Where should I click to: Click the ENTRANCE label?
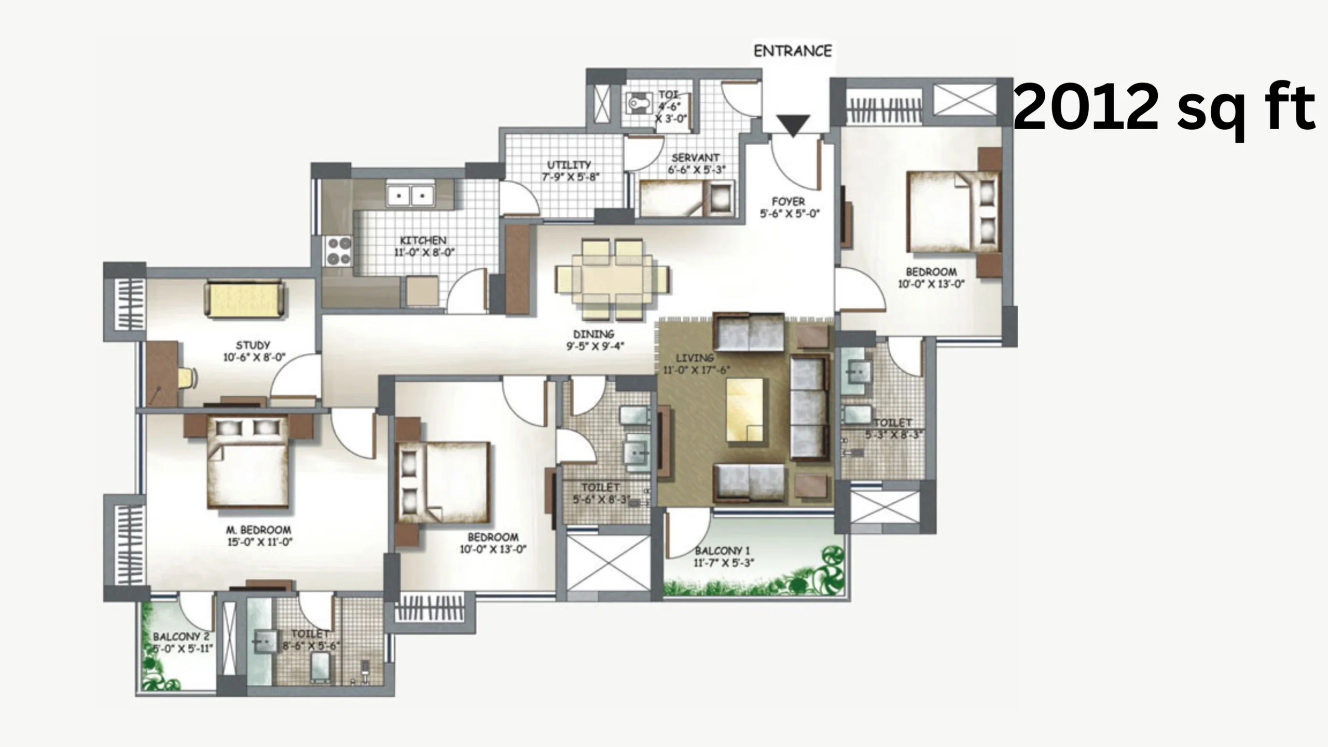pyautogui.click(x=793, y=51)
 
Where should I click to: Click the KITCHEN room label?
pyautogui.click(x=423, y=241)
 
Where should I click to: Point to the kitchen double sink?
pyautogui.click(x=410, y=196)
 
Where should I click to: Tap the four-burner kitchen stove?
pyautogui.click(x=338, y=251)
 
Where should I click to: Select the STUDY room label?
pyautogui.click(x=253, y=345)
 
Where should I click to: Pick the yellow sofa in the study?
pyautogui.click(x=245, y=299)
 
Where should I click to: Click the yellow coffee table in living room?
pyautogui.click(x=745, y=410)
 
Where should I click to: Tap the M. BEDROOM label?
pyautogui.click(x=258, y=530)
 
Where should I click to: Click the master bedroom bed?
pyautogui.click(x=248, y=461)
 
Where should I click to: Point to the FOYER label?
pyautogui.click(x=789, y=201)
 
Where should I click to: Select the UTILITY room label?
pyautogui.click(x=569, y=165)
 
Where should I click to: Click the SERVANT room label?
pyautogui.click(x=696, y=157)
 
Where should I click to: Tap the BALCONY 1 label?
pyautogui.click(x=723, y=550)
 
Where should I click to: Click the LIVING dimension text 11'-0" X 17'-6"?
pyautogui.click(x=697, y=370)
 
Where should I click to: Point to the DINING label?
pyautogui.click(x=593, y=335)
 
